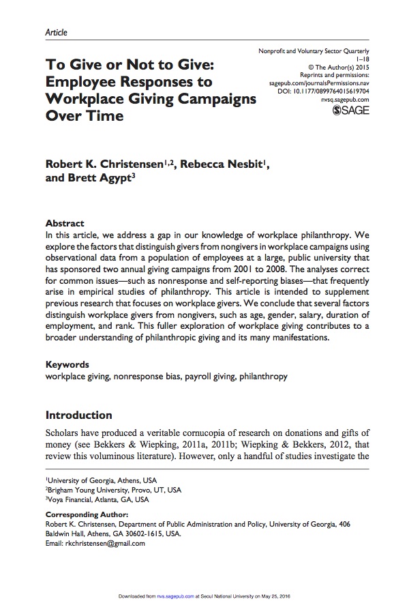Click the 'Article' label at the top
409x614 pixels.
tap(56, 32)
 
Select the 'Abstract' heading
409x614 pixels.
tap(65, 223)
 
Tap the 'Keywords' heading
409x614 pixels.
tap(67, 365)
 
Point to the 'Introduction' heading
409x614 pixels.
tap(78, 415)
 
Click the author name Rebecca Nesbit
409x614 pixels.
tap(213, 164)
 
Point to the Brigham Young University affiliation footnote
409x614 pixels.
tap(112, 490)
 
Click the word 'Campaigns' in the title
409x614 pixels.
tap(213, 98)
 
